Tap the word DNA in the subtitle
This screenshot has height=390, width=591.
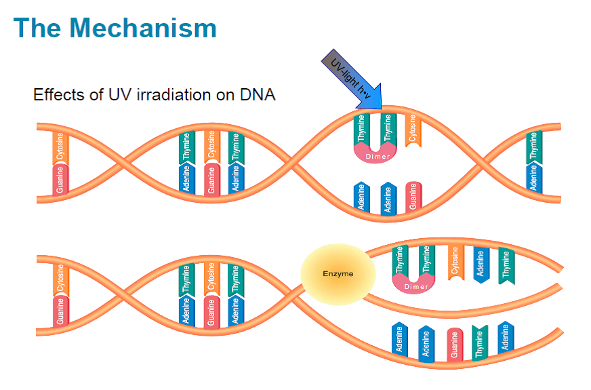coord(258,94)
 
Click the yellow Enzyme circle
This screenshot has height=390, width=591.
coord(338,274)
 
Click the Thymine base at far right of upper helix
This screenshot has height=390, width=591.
coord(535,146)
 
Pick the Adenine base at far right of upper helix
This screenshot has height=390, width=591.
coord(535,178)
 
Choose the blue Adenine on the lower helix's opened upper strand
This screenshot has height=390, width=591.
coord(480,265)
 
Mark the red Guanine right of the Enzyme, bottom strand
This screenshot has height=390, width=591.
coord(455,345)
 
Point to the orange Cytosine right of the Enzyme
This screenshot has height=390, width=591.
coord(455,262)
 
